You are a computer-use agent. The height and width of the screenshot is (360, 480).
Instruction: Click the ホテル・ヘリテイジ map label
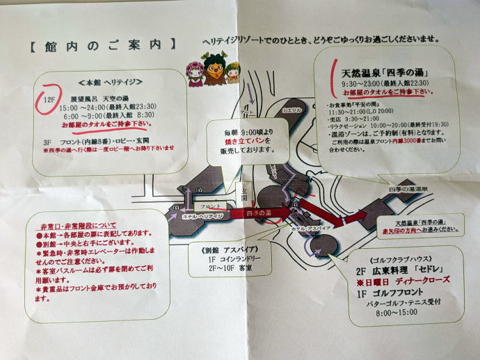click(202, 216)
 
